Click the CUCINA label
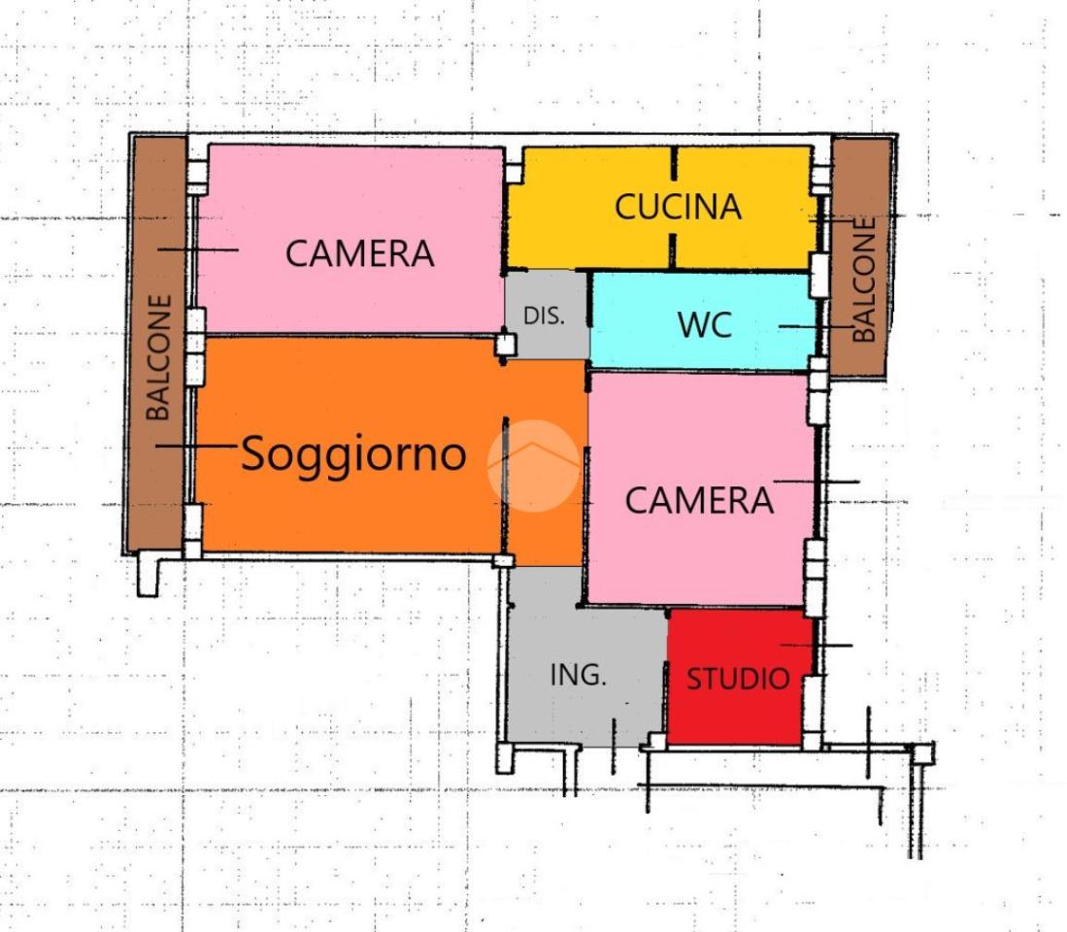pos(678,207)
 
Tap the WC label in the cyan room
pos(704,326)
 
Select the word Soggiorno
pos(353,453)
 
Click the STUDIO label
pos(738,679)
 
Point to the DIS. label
pos(544,316)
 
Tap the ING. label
pos(578,675)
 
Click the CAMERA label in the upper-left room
pos(359,253)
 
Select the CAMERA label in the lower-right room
pos(699,500)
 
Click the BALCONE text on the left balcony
pos(158,357)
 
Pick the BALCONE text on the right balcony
pos(863,280)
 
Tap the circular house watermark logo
pos(533,465)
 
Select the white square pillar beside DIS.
pos(504,344)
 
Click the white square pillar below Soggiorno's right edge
pos(502,560)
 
